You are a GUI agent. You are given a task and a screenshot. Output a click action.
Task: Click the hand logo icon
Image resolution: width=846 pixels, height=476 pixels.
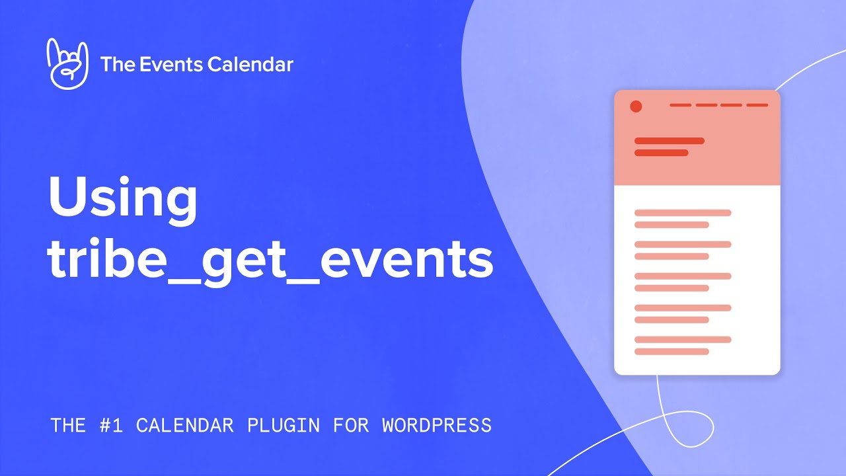point(67,63)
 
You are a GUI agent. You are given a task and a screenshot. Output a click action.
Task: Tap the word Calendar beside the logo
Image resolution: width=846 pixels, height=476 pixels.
point(250,64)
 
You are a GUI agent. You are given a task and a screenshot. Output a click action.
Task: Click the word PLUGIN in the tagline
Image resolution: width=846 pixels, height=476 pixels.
point(283,425)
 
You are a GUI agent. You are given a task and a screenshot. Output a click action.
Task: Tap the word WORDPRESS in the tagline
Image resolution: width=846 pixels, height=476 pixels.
point(437,425)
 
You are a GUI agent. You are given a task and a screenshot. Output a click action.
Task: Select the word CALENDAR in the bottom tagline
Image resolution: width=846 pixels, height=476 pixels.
point(184,425)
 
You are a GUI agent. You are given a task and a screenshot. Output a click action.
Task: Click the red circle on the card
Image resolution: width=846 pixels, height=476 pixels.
point(636,106)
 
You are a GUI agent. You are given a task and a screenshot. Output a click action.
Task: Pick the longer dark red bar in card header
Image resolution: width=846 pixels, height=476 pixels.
point(669,141)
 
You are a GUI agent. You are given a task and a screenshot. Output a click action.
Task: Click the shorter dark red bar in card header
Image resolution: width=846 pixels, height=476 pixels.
point(661,153)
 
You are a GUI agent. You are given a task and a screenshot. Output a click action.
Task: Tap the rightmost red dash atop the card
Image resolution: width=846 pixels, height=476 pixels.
point(757,105)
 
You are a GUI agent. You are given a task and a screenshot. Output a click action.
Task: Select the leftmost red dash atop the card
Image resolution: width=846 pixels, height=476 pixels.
point(680,105)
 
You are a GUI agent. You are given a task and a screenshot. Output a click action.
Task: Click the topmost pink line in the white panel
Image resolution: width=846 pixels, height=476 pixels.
point(683,213)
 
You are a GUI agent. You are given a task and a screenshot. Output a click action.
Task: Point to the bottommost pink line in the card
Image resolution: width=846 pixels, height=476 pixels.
point(672,352)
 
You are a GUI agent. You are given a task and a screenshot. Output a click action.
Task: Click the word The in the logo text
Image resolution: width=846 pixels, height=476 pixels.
point(117,64)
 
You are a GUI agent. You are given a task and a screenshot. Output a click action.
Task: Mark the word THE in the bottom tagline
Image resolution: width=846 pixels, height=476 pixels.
point(68,425)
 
